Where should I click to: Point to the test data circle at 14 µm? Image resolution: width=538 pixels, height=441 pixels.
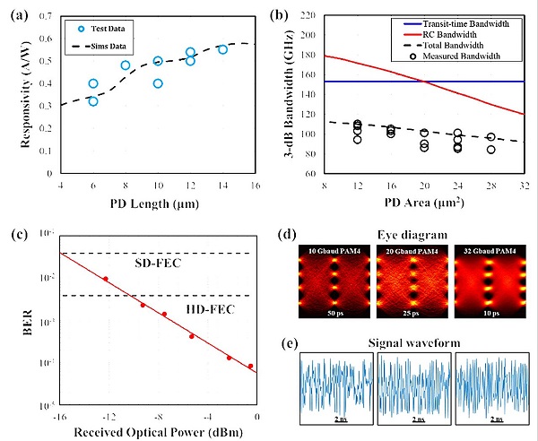click(222, 49)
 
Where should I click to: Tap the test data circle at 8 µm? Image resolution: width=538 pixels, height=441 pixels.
click(126, 65)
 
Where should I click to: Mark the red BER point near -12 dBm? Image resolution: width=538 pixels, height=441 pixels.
click(106, 279)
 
